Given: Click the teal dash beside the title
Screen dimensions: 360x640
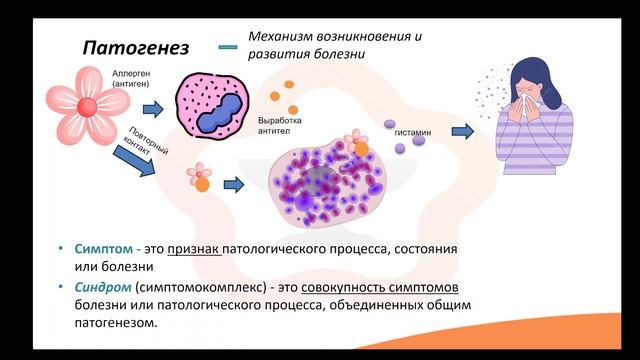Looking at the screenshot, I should [x=228, y=46].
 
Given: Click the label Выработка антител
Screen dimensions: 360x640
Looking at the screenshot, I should [x=279, y=125].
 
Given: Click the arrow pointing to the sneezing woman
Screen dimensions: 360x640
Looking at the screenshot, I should [x=462, y=130].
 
